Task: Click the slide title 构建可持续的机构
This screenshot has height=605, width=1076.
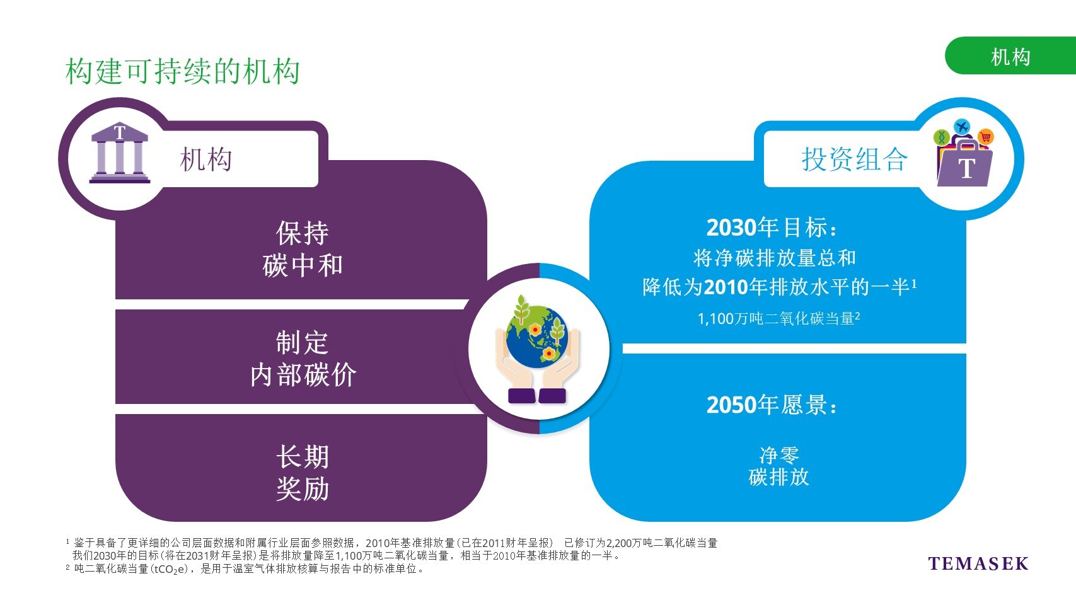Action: [183, 71]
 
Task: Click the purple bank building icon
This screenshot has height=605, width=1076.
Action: [120, 153]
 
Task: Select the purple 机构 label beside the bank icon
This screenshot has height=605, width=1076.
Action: [205, 159]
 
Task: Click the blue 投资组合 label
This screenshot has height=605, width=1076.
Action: [854, 159]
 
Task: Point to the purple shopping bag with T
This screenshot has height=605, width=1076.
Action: [964, 163]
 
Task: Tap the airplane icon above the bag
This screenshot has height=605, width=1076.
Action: [962, 127]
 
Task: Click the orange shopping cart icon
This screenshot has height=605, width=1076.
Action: [985, 138]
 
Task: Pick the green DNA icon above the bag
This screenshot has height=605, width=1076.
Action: [941, 138]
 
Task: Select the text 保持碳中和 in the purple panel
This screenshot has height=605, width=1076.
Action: [303, 249]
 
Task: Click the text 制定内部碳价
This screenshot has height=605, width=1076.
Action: [303, 359]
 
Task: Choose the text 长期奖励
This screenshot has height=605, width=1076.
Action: [303, 473]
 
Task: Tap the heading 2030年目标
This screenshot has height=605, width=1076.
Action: [772, 227]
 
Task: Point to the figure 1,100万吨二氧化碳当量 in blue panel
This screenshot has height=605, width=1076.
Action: [778, 318]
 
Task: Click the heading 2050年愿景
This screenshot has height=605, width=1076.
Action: [772, 405]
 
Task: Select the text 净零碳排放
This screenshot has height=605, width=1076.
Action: [778, 466]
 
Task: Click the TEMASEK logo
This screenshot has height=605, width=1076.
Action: [978, 563]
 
